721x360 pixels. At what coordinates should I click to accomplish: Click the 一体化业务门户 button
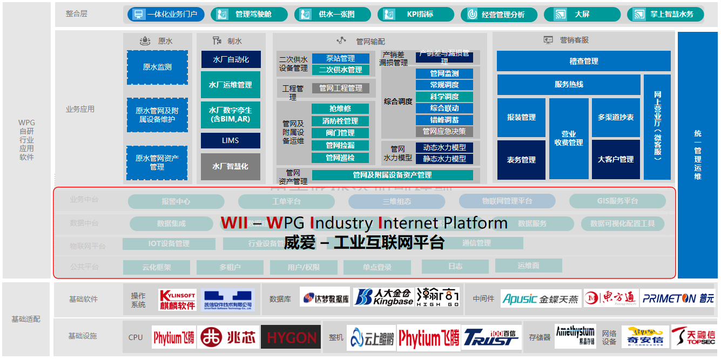coord(166,15)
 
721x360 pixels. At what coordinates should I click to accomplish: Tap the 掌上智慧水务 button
coord(665,15)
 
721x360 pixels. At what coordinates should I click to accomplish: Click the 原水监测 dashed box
coord(157,67)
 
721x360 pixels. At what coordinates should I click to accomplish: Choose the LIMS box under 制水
coord(231,140)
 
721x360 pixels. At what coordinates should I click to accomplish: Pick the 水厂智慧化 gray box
coord(231,167)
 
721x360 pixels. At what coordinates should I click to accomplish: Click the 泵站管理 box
coord(340,58)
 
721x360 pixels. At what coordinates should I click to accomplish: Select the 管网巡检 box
coord(340,158)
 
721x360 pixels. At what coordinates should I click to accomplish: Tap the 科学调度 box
coord(444,97)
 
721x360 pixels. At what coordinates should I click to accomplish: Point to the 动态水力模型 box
coord(444,147)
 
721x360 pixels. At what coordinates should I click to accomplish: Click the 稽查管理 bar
coord(583,61)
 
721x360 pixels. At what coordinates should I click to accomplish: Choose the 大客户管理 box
coord(616,159)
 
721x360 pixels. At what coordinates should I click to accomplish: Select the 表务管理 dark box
coord(521,160)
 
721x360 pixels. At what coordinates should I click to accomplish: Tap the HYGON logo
coord(291,337)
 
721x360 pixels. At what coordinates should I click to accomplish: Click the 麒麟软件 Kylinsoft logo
coord(178,300)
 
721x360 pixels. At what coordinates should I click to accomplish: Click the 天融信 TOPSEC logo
coord(693,337)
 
